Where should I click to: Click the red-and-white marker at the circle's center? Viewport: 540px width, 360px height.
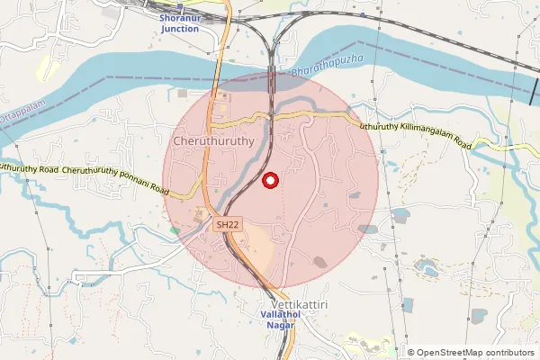269,181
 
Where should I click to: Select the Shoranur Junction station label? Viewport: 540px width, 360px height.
180,23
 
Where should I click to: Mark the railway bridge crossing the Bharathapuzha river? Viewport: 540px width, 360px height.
272,76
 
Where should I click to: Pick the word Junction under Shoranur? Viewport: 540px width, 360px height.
180,29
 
